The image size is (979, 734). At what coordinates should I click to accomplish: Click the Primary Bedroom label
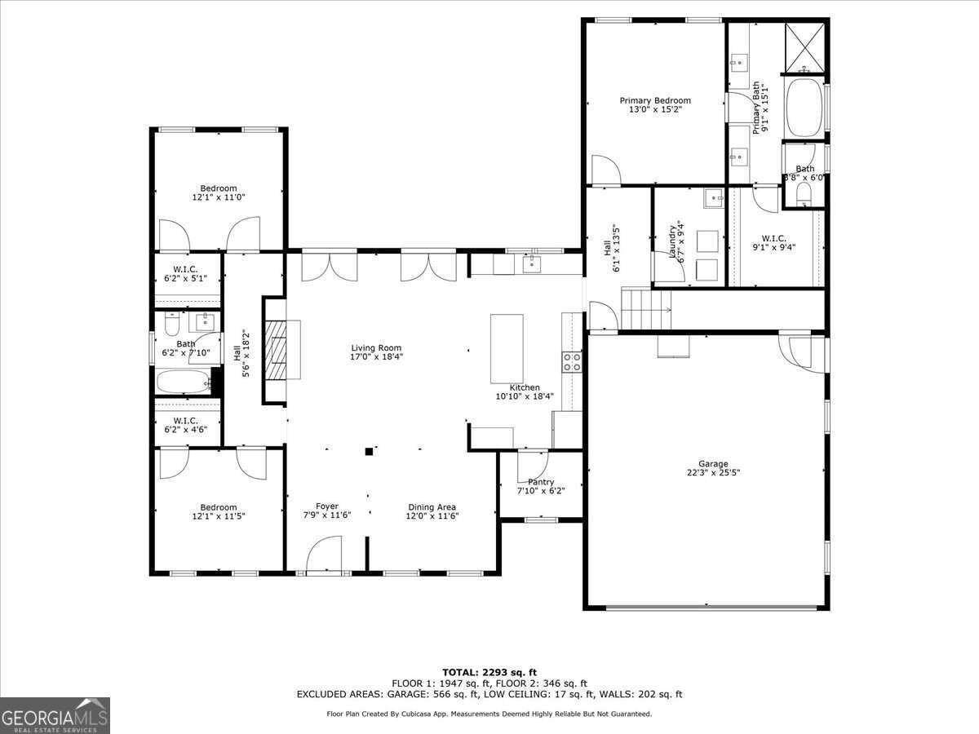(x=654, y=100)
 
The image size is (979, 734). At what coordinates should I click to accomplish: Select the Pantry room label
(x=540, y=482)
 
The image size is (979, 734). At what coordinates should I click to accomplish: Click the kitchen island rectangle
(x=506, y=348)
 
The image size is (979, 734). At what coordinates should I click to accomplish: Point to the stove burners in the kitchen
(x=572, y=361)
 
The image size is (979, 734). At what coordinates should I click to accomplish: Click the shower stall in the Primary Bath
(x=804, y=47)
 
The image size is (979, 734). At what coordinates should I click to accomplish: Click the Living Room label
(x=376, y=348)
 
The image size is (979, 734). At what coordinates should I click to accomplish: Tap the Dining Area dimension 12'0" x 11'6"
(x=433, y=516)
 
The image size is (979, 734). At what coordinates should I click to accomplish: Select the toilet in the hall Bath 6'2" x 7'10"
(x=171, y=327)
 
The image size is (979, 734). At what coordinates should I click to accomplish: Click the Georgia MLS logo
(x=55, y=715)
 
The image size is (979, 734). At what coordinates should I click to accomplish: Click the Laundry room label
(x=674, y=241)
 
